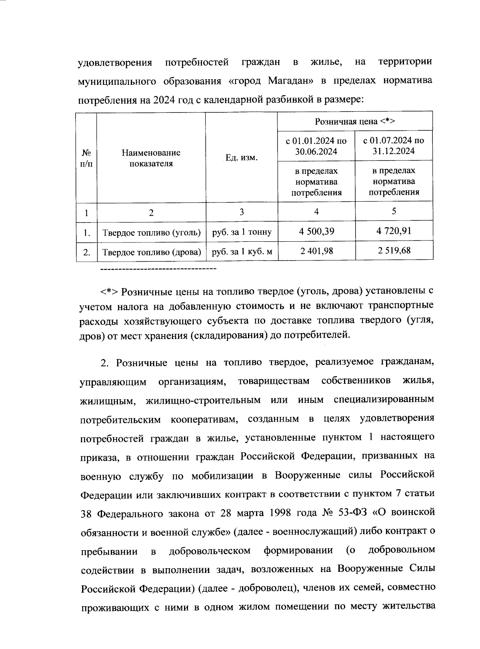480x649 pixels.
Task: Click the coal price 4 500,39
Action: tap(316, 231)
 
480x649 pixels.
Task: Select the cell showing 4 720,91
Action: tap(394, 231)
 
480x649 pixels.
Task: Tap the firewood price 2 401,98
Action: tap(316, 251)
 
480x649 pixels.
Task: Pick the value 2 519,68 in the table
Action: tap(394, 251)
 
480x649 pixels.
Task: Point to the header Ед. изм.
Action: tap(241, 158)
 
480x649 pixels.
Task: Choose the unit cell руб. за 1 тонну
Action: tap(241, 232)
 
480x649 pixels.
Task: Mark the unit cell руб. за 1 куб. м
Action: tap(241, 252)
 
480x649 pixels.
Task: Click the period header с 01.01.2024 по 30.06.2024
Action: tap(316, 146)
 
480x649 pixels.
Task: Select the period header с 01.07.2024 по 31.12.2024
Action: tap(394, 146)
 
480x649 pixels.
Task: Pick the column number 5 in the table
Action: tap(394, 211)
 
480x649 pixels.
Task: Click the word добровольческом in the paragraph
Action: tap(210, 551)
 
